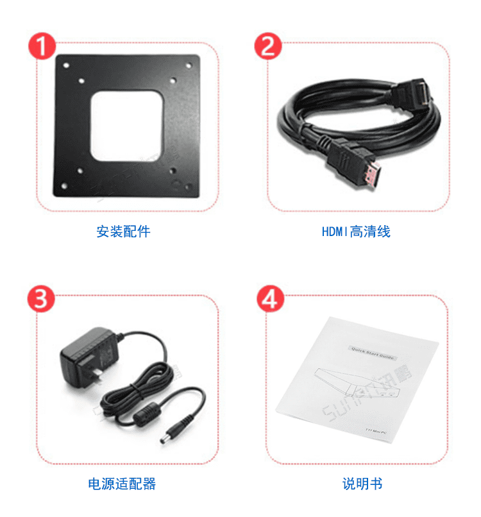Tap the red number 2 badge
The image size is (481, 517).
pyautogui.click(x=268, y=47)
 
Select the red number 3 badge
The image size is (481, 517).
pyautogui.click(x=41, y=299)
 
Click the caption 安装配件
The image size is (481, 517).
pyautogui.click(x=123, y=232)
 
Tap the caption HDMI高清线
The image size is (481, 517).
pyautogui.click(x=355, y=232)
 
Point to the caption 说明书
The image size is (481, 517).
pyautogui.click(x=362, y=484)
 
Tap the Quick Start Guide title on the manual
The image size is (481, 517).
pyautogui.click(x=372, y=351)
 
